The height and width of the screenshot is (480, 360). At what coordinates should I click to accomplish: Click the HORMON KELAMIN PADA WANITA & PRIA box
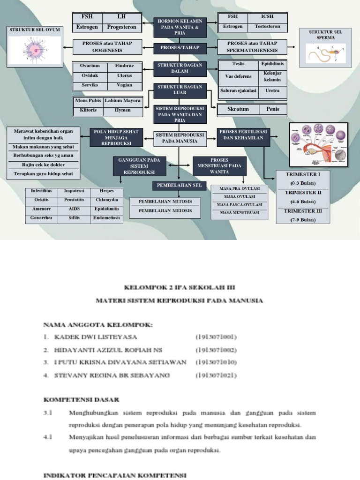(180, 27)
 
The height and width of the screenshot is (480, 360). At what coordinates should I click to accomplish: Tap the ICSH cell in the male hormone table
(264, 17)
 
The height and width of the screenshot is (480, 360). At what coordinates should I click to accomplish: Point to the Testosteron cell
(267, 27)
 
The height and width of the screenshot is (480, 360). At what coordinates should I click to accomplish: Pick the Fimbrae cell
(124, 66)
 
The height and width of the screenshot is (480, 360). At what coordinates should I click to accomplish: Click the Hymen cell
(123, 110)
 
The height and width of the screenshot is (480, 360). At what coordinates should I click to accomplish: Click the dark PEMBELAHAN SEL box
(179, 186)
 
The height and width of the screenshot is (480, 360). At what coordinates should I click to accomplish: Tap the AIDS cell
(74, 209)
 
